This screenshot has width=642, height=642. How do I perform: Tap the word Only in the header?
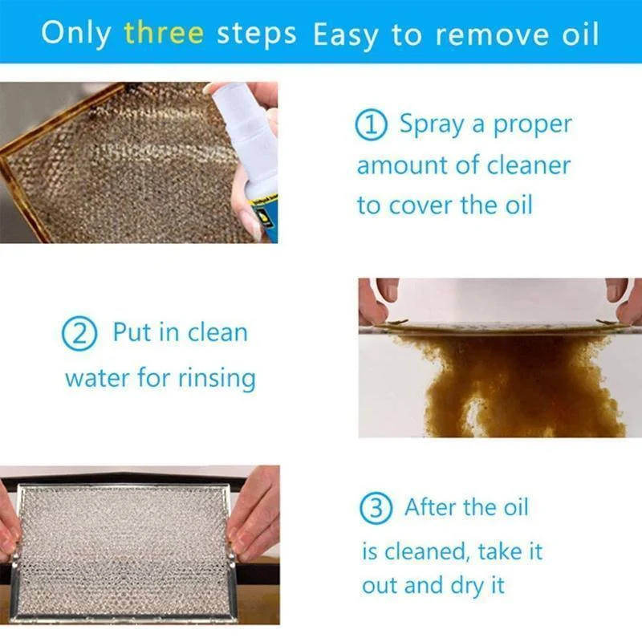pyautogui.click(x=78, y=34)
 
